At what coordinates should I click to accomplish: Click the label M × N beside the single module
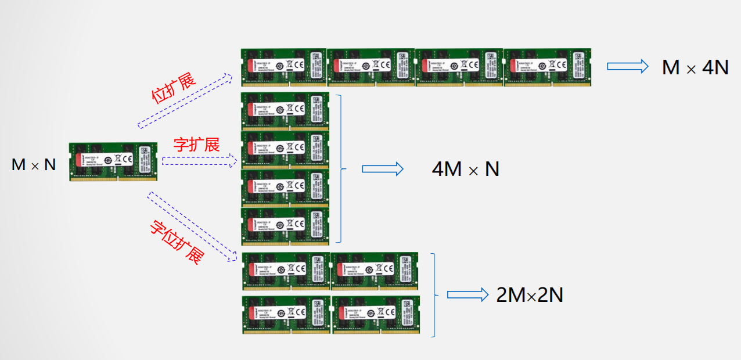click(34, 165)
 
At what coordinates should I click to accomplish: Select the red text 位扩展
click(174, 89)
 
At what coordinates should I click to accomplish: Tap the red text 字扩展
click(196, 145)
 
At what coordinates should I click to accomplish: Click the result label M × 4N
click(695, 68)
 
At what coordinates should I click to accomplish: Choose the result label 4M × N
click(465, 169)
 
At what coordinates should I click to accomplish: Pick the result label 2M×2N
click(530, 296)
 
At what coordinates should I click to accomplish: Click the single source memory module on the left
click(113, 161)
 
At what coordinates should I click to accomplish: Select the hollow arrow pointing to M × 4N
click(627, 66)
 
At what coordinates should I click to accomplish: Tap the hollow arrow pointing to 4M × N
click(382, 169)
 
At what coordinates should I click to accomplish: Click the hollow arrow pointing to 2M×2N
click(467, 295)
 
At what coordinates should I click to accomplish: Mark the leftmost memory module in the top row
click(284, 67)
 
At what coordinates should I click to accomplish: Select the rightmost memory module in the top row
click(547, 67)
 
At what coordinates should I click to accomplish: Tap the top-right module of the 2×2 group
click(375, 271)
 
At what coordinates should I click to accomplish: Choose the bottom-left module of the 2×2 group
click(286, 315)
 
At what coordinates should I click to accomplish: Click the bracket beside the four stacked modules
click(339, 168)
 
